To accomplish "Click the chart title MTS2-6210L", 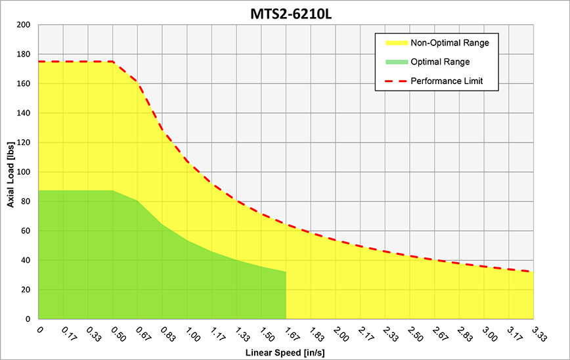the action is (x=291, y=14).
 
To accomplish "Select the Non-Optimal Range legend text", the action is (x=450, y=43).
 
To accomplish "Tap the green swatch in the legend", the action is (x=397, y=62).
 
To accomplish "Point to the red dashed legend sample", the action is (x=396, y=81).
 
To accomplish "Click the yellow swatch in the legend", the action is (x=397, y=43).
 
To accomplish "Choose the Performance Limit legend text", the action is (x=447, y=81).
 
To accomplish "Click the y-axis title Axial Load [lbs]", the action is (x=11, y=175).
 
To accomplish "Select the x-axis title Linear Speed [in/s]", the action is (x=285, y=352).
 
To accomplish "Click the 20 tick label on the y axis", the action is (x=26, y=290).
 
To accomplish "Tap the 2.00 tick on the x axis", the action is (x=340, y=334).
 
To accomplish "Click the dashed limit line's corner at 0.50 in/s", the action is (x=113, y=62).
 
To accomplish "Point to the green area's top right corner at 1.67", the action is (x=286, y=271).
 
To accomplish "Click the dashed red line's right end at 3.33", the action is (x=533, y=271).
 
